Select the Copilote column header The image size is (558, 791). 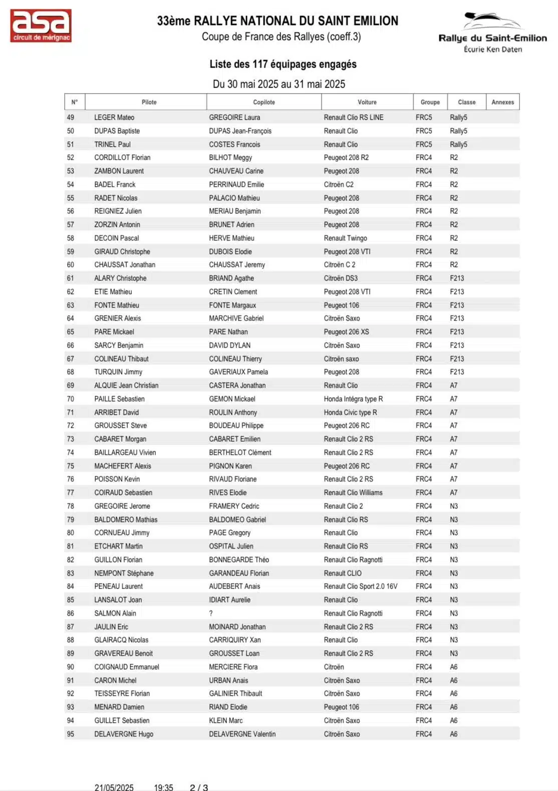click(263, 102)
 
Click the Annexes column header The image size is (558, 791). click(502, 102)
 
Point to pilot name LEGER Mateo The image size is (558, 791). click(114, 118)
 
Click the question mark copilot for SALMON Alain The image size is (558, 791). click(211, 614)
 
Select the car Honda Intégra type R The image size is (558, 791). click(353, 399)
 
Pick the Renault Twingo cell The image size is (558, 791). click(345, 238)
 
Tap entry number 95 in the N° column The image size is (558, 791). click(71, 734)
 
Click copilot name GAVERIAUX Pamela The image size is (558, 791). click(238, 372)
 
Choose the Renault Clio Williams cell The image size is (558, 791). click(353, 493)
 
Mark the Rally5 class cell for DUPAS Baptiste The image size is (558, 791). click(458, 131)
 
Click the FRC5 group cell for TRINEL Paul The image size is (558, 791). click(424, 145)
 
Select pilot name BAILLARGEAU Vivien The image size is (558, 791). click(125, 453)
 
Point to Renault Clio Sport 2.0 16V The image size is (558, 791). click(361, 587)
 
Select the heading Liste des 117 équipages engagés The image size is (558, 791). click(283, 64)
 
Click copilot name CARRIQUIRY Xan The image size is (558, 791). click(235, 640)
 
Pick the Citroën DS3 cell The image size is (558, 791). click(341, 279)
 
